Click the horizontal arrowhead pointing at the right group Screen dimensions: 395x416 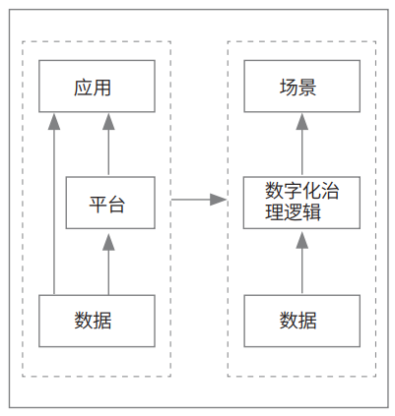pos(218,200)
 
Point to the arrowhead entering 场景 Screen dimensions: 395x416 pos(302,121)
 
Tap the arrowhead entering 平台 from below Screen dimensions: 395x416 pos(108,242)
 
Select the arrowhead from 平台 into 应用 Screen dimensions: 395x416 pos(108,121)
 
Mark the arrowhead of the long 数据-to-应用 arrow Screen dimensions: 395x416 pos(54,121)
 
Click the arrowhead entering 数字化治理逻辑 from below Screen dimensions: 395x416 pos(302,240)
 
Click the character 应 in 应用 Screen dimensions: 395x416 pos(83,88)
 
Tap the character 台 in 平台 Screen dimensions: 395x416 pos(116,204)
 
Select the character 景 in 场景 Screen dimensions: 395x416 pos(307,88)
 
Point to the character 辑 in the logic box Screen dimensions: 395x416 pos(311,211)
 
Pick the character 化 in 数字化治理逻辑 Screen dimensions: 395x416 pos(311,191)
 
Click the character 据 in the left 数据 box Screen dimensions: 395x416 pos(102,321)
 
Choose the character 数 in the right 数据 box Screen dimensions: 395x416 pos(289,321)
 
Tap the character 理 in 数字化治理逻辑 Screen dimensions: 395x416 pos(275,211)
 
